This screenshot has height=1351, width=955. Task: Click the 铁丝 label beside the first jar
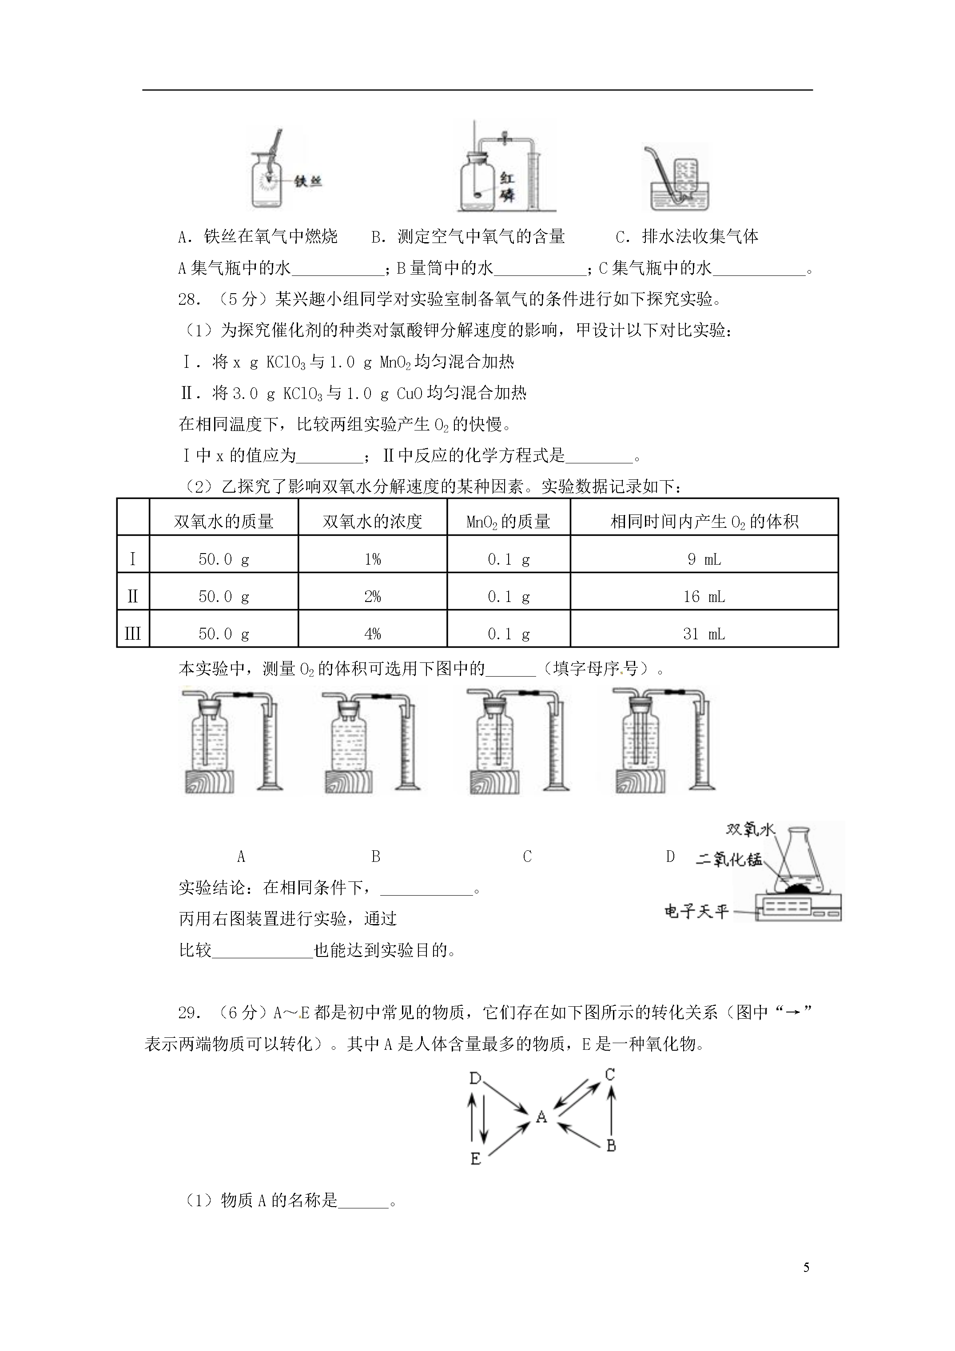(308, 182)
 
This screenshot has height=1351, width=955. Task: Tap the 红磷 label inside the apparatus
(507, 187)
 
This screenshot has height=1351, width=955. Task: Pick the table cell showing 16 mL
(704, 597)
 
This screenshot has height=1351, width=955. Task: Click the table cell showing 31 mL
(704, 634)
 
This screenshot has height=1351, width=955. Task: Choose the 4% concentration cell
(373, 634)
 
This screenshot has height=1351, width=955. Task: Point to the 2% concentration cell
(373, 597)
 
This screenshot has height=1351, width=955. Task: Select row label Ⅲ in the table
(133, 634)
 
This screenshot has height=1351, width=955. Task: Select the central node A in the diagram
(541, 1117)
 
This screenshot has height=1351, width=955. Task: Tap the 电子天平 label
(696, 912)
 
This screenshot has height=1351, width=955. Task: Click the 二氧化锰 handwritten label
(728, 860)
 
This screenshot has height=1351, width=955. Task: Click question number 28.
(190, 299)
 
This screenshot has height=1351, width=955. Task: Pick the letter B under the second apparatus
(376, 857)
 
